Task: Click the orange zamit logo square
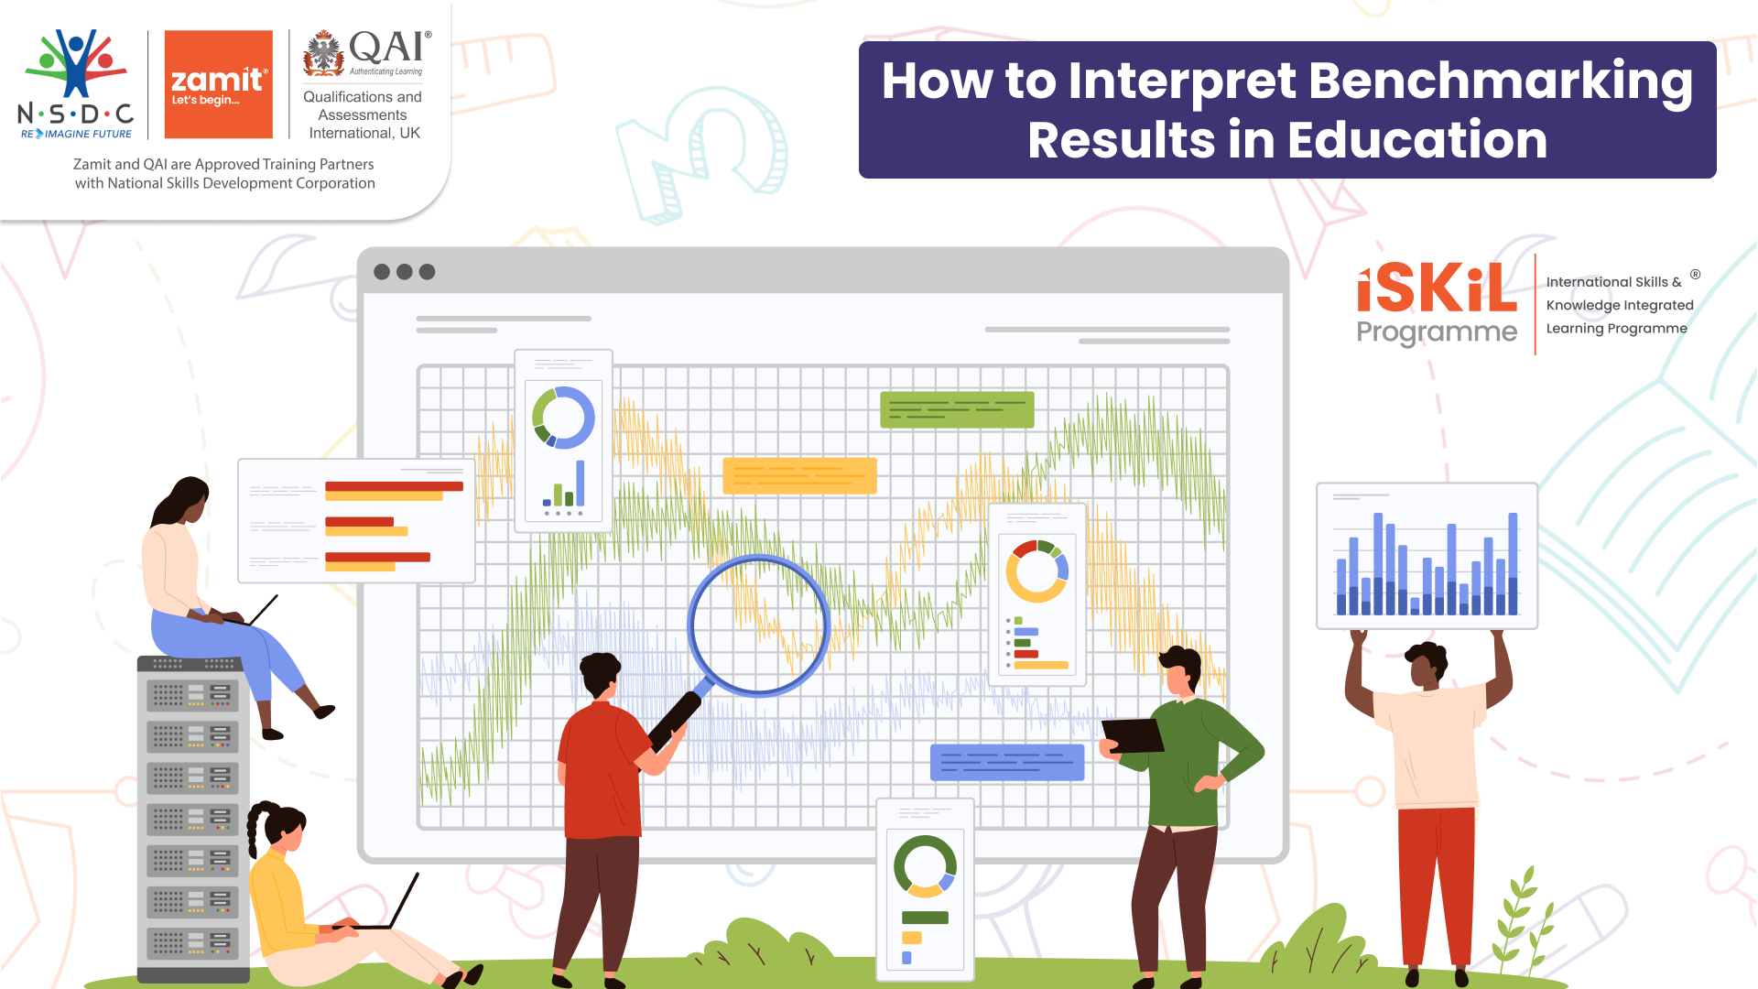[x=218, y=84]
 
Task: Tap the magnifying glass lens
[x=757, y=625]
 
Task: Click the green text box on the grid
[x=956, y=409]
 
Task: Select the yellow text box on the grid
[x=799, y=475]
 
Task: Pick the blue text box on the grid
[x=1006, y=762]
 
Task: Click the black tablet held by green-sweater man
[x=1133, y=735]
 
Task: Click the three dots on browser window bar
[x=404, y=272]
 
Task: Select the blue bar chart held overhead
[x=1427, y=557]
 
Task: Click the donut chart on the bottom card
[x=925, y=865]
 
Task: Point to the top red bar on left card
[x=394, y=486]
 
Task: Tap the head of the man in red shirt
[x=601, y=676]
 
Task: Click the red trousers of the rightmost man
[x=1436, y=879]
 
